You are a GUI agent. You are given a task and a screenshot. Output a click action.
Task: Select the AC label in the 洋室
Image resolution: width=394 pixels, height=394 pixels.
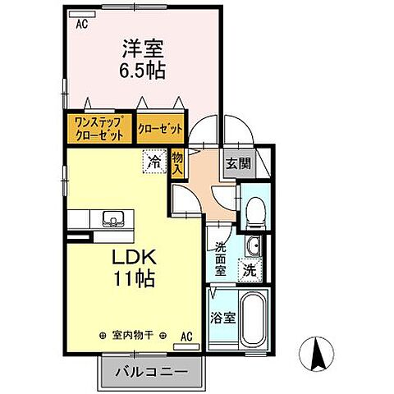click(81, 25)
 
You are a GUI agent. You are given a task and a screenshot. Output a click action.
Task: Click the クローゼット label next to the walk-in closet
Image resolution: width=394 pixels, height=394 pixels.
click(159, 129)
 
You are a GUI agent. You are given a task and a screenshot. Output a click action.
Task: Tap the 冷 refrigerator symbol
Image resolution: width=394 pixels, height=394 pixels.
click(153, 162)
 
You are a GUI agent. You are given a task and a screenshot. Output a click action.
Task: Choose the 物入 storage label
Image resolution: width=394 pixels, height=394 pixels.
click(177, 162)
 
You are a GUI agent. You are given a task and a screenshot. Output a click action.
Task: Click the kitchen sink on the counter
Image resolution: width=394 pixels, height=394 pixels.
click(112, 218)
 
